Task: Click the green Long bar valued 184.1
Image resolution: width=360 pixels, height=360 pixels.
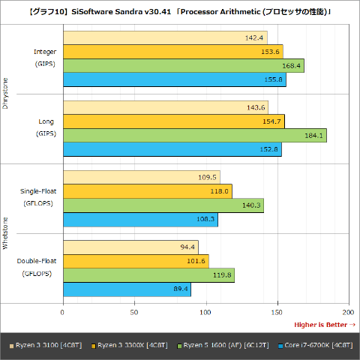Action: coord(195,135)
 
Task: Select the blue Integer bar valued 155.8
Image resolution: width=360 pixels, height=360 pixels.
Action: coord(174,79)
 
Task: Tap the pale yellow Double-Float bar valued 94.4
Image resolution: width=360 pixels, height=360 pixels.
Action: coord(130,247)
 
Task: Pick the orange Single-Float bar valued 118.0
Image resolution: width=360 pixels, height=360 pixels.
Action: coord(147,191)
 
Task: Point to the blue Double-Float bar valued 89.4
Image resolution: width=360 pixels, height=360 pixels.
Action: coord(127,289)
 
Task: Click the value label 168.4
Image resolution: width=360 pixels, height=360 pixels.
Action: coord(290,65)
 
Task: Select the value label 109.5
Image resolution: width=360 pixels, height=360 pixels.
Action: coord(207,177)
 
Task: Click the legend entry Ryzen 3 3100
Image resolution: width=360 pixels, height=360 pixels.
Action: coord(46,345)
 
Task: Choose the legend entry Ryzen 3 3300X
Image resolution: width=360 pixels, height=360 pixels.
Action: coord(128,345)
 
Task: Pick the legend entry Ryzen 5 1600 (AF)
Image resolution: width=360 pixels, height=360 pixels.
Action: coord(223,345)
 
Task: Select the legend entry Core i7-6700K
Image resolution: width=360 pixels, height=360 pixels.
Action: coord(315,345)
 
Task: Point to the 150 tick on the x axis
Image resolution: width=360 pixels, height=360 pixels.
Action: coord(277,311)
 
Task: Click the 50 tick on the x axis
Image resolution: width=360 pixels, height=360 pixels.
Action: coord(135,311)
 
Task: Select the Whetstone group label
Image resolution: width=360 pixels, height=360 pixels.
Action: coord(6,233)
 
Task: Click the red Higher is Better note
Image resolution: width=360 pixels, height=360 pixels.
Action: coord(324,324)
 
